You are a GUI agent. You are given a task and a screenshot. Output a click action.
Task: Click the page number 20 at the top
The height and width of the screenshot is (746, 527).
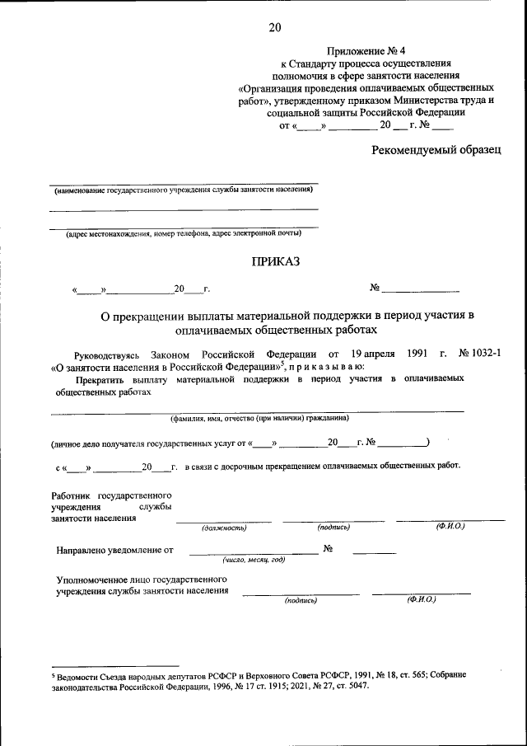click(x=274, y=28)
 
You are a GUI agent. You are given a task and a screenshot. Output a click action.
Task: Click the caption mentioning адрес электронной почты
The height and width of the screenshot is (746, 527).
click(x=184, y=233)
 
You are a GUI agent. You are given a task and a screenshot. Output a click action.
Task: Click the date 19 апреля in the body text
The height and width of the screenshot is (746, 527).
click(x=366, y=353)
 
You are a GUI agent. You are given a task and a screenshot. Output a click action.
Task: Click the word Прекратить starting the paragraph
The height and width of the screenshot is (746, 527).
click(x=102, y=378)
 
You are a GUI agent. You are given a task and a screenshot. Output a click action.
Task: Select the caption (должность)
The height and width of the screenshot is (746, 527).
click(x=224, y=527)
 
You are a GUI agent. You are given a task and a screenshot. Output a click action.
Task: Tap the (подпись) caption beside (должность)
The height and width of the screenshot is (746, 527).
click(x=333, y=527)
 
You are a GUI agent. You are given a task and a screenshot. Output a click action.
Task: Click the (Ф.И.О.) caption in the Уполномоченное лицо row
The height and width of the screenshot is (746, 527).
click(x=421, y=599)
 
